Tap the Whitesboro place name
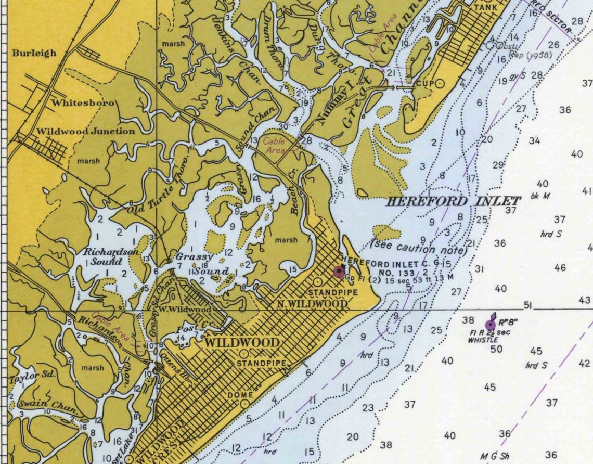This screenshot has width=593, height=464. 83,103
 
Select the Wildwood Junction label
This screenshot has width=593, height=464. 85,131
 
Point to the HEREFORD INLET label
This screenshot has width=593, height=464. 452,201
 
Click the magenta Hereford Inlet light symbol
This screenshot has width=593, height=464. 339,271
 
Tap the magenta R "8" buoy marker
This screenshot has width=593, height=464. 490,325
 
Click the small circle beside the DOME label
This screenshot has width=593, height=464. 244,404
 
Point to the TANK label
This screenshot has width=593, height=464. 485,8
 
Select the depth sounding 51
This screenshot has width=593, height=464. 528,305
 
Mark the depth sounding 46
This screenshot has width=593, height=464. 560,268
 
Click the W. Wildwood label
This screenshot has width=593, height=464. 192,310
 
